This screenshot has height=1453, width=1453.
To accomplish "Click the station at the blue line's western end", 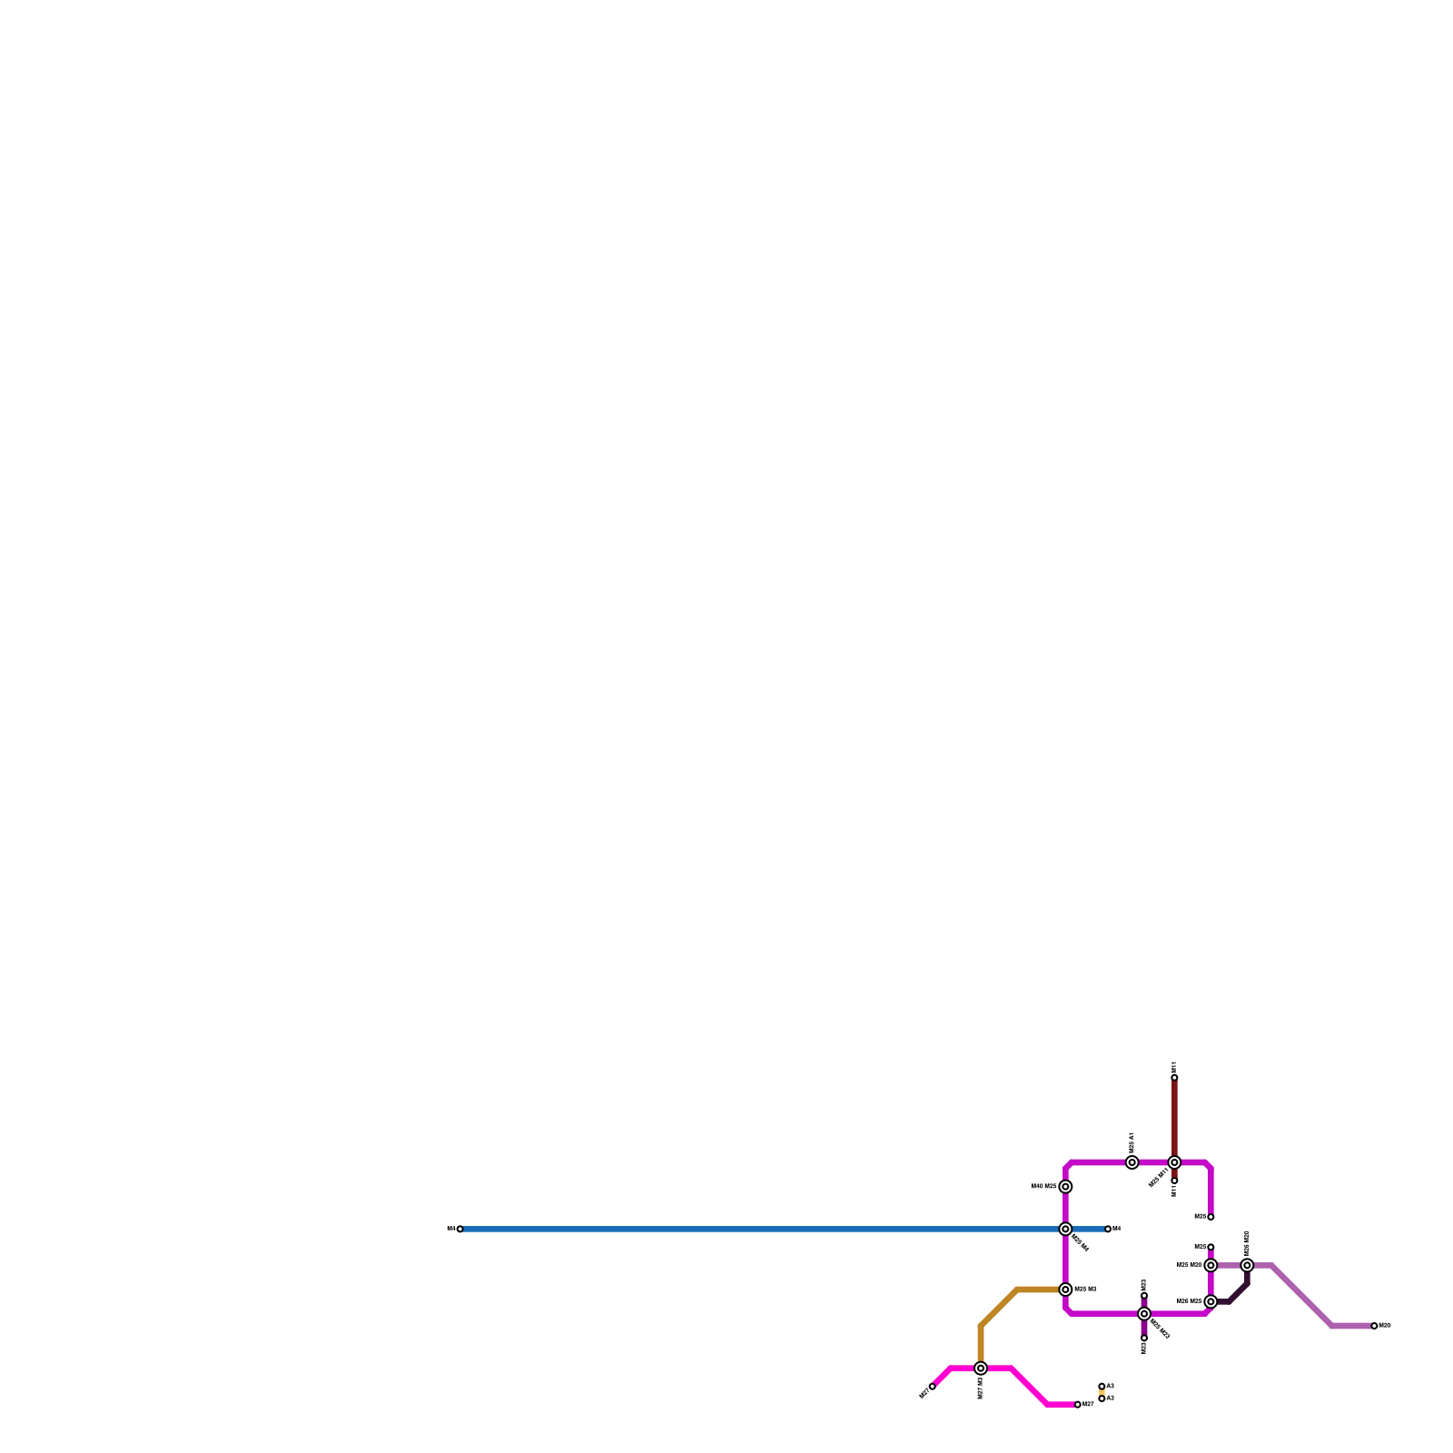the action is [460, 1229].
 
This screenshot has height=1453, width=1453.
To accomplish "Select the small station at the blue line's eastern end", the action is [1108, 1229].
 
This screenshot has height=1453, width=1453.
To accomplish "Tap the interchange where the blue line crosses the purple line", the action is [1065, 1229].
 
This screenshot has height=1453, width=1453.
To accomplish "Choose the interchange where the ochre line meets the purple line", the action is [1065, 1290].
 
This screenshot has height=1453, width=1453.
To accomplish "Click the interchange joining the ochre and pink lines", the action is [981, 1368].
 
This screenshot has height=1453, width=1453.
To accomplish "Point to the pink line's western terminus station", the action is [932, 1386].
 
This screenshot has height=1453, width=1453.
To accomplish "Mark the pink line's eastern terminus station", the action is [1078, 1404].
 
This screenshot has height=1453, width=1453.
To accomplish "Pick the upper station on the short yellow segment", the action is [1102, 1386].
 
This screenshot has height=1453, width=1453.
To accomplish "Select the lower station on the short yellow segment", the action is [1102, 1399].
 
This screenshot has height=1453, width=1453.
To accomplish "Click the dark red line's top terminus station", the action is [1174, 1078].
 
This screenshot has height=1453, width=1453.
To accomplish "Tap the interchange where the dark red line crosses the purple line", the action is [1174, 1162].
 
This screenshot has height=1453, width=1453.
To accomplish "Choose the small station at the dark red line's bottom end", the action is [1174, 1181].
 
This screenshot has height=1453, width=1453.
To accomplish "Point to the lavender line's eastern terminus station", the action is [1375, 1326].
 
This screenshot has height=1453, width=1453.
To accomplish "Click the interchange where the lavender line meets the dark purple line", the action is [1247, 1265].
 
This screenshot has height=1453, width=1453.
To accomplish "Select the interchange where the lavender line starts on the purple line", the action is [1211, 1265].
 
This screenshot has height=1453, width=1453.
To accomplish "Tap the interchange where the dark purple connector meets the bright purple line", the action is [1211, 1301].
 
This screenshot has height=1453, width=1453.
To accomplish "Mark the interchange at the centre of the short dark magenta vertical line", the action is [1144, 1313].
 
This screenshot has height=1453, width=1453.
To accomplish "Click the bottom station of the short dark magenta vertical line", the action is [1144, 1337].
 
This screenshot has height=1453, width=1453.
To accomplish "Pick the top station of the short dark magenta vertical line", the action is [1144, 1296].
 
